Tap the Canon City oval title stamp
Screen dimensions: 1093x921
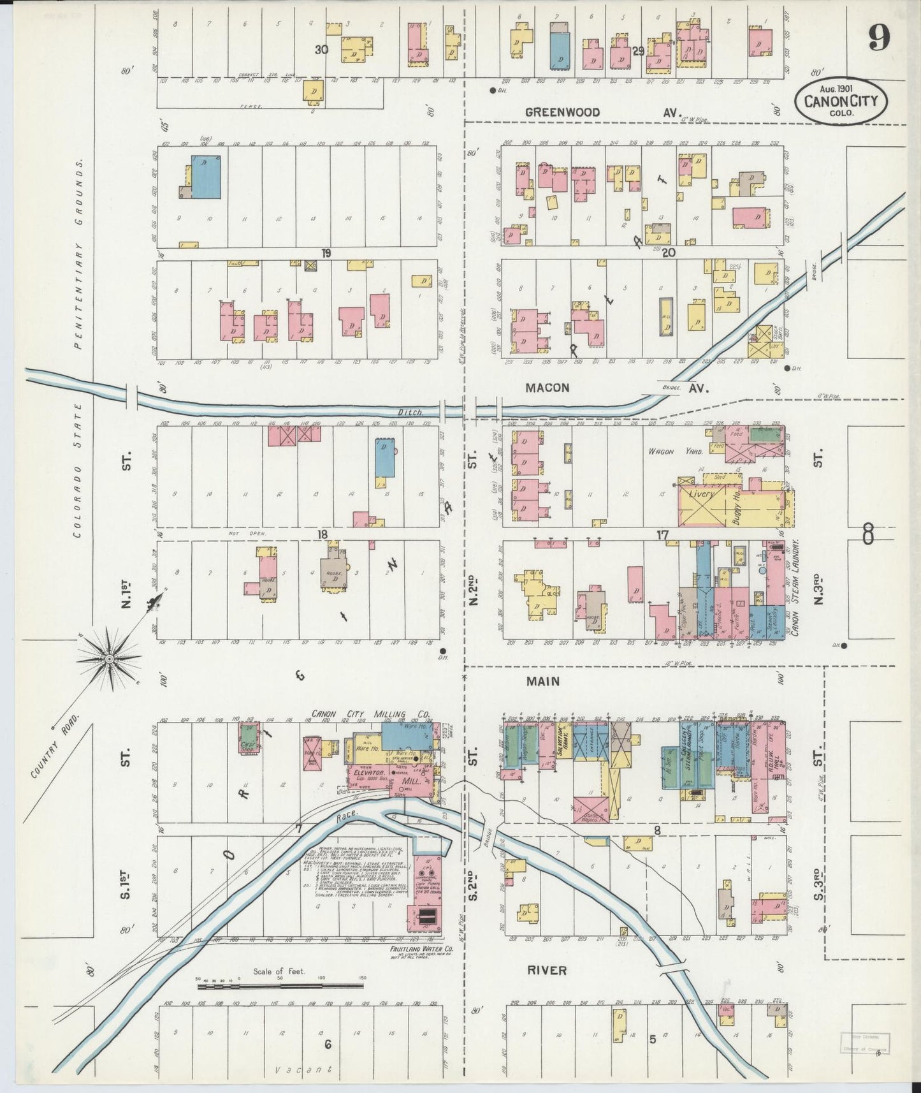coord(840,100)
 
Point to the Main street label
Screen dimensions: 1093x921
coord(542,681)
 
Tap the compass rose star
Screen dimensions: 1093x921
coord(109,657)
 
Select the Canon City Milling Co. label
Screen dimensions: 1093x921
coord(370,714)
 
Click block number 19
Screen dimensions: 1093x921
coord(326,253)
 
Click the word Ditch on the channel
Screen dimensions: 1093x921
coord(411,413)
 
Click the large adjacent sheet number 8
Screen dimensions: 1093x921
coord(867,533)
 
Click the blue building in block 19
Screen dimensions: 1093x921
coord(207,178)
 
